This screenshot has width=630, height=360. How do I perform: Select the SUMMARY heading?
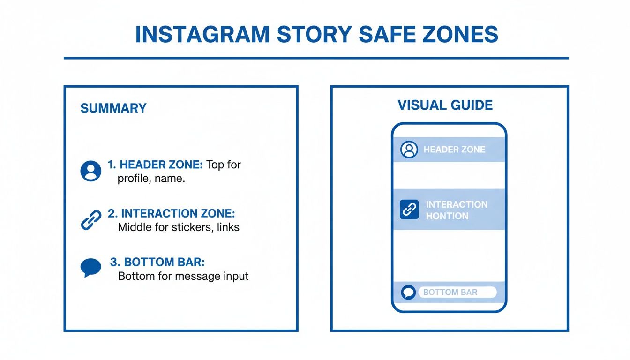pyautogui.click(x=113, y=108)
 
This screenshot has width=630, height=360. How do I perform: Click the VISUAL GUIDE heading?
pyautogui.click(x=445, y=105)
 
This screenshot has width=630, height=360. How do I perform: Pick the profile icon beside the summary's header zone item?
pyautogui.click(x=90, y=171)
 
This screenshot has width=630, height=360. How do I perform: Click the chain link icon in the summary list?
pyautogui.click(x=90, y=220)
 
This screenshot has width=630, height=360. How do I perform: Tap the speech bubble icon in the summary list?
pyautogui.click(x=90, y=268)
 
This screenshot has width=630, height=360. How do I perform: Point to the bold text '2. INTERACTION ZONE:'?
pyautogui.click(x=172, y=214)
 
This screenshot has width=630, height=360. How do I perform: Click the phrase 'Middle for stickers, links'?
pyautogui.click(x=179, y=227)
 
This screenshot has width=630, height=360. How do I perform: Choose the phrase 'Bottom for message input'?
pyautogui.click(x=183, y=276)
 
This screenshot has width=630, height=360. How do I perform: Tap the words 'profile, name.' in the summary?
pyautogui.click(x=151, y=179)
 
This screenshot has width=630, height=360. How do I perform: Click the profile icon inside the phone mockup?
pyautogui.click(x=409, y=150)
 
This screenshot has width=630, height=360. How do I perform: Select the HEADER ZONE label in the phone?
pyautogui.click(x=454, y=150)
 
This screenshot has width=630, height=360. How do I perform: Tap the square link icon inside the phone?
pyautogui.click(x=409, y=210)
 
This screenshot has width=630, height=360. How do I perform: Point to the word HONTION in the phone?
pyautogui.click(x=447, y=216)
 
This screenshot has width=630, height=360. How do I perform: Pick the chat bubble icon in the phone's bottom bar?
pyautogui.click(x=408, y=292)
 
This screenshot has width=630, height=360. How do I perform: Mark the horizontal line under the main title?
pyautogui.click(x=316, y=58)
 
